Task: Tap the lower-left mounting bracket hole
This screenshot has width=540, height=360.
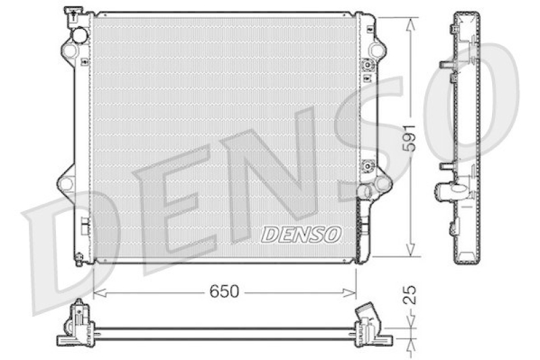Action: click(65, 182)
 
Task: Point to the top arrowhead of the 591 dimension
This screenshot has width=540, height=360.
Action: click(410, 22)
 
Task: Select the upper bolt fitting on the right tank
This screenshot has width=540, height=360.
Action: click(368, 66)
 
